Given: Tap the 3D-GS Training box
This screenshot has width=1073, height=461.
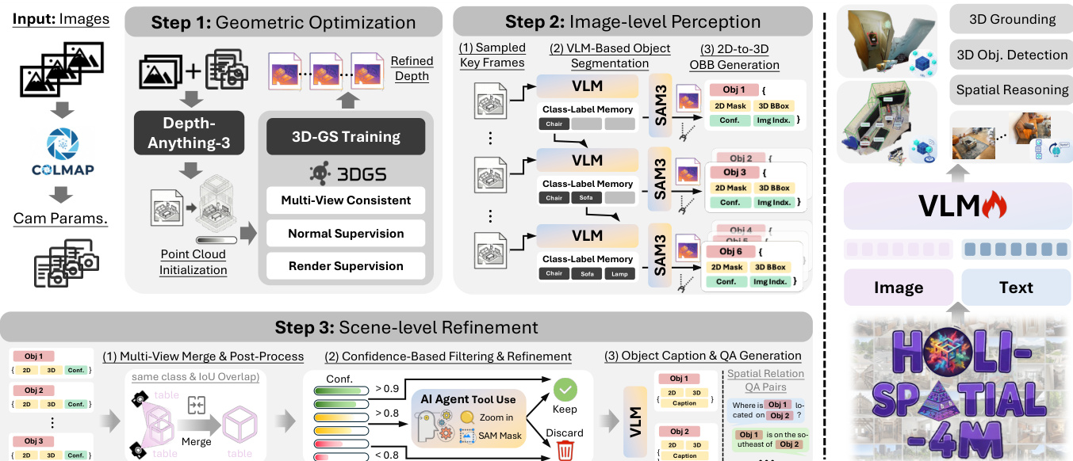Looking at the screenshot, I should pos(346,136).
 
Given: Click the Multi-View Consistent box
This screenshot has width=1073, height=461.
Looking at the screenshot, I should pos(345,200).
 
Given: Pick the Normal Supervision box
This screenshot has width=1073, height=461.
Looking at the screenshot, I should pos(345,234).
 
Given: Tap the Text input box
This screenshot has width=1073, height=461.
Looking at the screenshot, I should pos(1016,287).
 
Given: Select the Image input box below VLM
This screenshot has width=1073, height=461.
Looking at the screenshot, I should pos(898,287).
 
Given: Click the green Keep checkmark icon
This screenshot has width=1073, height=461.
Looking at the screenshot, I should pos(565,389).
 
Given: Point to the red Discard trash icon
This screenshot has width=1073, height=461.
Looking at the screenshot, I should pos(565,451).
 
